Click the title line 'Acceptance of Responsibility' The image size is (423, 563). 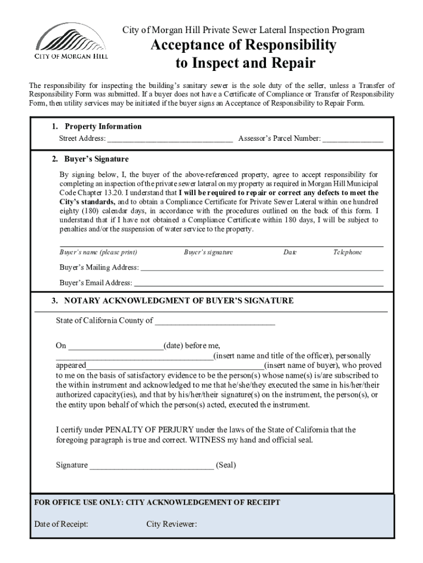243,45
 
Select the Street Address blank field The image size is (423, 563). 170,139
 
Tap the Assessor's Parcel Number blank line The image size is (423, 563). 353,139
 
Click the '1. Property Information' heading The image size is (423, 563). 97,126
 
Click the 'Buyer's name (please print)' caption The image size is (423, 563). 98,252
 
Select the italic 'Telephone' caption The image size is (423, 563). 348,252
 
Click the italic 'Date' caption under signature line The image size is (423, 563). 290,252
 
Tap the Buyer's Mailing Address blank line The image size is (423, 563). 261,268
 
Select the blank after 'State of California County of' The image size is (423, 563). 215,321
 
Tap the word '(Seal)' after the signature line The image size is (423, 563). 226,465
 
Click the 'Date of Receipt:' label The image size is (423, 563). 61,524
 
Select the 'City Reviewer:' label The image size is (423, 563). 171,524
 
